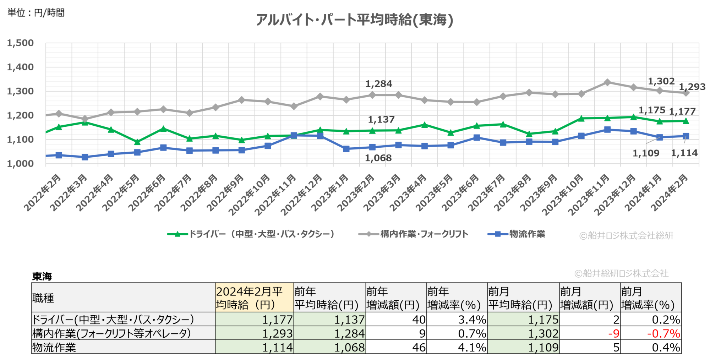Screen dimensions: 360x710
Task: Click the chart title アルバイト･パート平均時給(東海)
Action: click(x=354, y=20)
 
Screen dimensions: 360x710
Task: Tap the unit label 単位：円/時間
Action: click(x=36, y=13)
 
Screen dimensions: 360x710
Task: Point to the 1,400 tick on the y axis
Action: click(x=20, y=67)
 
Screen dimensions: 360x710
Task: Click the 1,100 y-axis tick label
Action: click(x=20, y=140)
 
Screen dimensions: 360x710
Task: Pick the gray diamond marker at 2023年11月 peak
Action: click(x=607, y=82)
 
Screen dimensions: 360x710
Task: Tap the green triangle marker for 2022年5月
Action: click(x=137, y=142)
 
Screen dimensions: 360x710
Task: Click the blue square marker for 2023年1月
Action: click(x=346, y=149)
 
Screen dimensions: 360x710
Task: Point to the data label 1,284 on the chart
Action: click(x=379, y=84)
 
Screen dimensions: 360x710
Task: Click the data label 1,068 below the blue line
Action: click(x=378, y=158)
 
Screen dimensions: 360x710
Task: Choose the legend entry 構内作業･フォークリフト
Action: click(x=414, y=234)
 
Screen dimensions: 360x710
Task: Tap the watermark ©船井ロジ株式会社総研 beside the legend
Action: click(x=626, y=235)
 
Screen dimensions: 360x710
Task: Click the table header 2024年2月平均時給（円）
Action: click(x=254, y=298)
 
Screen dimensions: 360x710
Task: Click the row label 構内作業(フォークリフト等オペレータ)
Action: click(x=111, y=333)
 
